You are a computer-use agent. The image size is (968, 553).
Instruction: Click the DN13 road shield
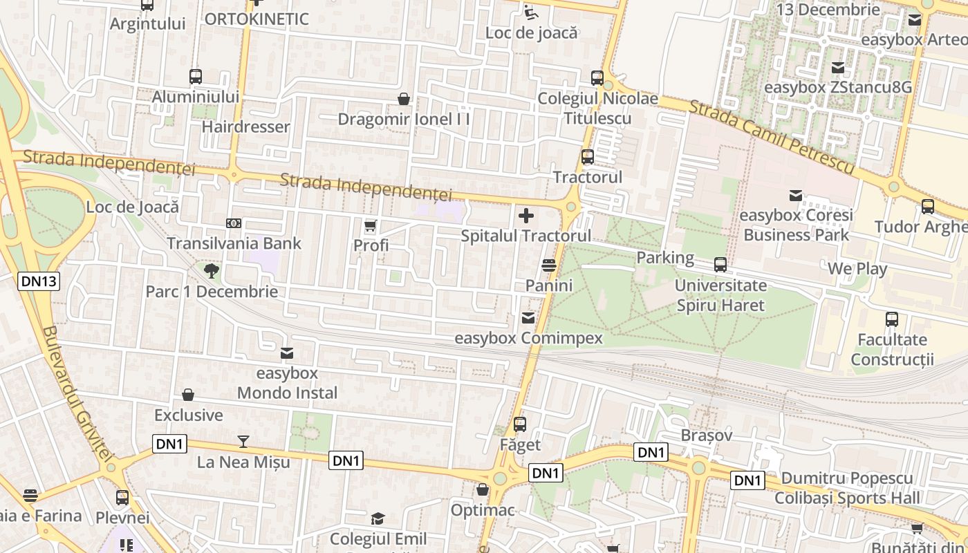click(39, 281)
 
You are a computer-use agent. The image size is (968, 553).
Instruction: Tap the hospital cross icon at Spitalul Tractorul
click(526, 216)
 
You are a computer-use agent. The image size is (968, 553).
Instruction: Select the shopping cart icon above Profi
click(371, 225)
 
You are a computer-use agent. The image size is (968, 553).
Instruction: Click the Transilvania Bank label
click(234, 243)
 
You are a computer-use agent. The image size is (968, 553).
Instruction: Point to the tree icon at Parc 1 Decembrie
click(212, 270)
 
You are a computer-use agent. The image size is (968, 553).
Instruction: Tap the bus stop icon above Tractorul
click(588, 157)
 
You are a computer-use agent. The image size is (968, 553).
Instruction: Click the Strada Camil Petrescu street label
click(772, 136)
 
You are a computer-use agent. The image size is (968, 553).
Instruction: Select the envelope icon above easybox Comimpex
click(528, 318)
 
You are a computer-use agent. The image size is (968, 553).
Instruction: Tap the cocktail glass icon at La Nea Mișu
click(243, 441)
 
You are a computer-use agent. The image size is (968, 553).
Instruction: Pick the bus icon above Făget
click(520, 424)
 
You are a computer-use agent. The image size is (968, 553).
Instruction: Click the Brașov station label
click(706, 435)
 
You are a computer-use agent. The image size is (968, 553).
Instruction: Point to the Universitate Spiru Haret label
click(720, 295)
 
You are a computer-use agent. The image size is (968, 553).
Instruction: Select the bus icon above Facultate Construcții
click(892, 319)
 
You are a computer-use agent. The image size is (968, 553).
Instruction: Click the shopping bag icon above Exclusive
click(188, 395)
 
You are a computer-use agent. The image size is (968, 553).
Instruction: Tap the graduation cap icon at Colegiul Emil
click(378, 518)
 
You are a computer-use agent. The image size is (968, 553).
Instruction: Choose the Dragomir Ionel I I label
click(404, 119)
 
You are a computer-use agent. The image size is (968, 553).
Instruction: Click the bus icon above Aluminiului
click(196, 77)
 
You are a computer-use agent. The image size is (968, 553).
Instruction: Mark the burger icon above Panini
click(549, 265)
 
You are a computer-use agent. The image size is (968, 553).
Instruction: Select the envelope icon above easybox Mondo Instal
click(287, 353)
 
